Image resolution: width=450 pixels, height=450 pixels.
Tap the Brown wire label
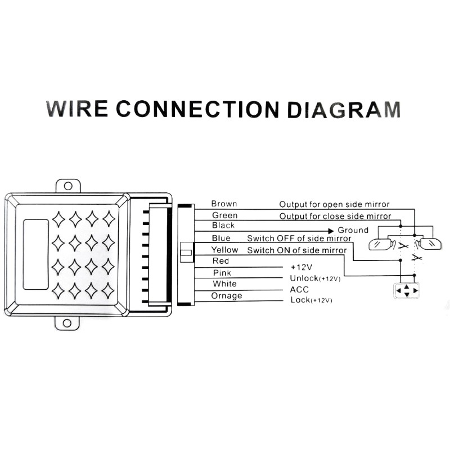224,204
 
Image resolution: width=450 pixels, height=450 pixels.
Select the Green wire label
224,215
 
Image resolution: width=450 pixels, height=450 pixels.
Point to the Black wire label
223,226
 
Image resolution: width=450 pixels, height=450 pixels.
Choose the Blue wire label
221,238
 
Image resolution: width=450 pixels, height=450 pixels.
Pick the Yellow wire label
224,250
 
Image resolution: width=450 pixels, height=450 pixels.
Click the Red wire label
220,261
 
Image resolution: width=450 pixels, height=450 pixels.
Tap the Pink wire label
221,273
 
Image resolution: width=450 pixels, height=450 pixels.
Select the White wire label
224,284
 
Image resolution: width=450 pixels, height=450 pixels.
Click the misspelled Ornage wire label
226,296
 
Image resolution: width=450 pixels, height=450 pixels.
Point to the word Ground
353,230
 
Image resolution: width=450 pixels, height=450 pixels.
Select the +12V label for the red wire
301,267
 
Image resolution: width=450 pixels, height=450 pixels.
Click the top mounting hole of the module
67,186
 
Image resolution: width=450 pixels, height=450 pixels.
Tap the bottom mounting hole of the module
67,323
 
